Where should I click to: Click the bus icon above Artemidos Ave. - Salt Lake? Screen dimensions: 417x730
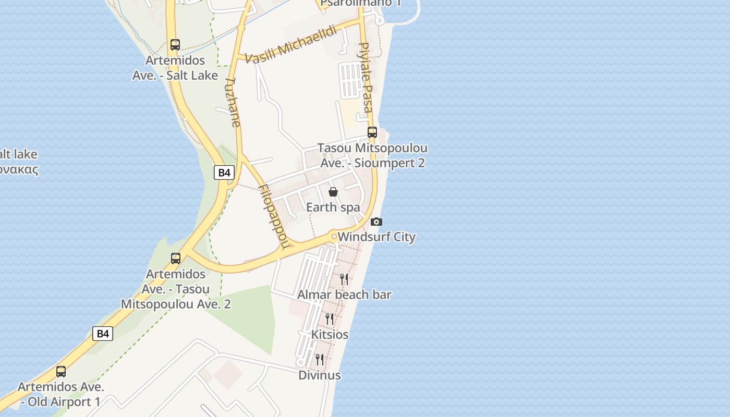click(175, 45)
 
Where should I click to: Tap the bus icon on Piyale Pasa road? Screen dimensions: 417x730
click(372, 132)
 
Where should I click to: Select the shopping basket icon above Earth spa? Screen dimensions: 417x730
click(333, 192)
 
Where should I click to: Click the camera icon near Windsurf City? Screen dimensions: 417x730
click(376, 222)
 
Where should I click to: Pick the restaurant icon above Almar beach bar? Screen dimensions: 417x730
click(344, 279)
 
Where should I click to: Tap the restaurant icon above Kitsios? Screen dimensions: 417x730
click(330, 318)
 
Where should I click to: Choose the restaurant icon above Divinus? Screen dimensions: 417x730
click(320, 359)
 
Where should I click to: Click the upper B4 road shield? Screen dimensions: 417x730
click(224, 173)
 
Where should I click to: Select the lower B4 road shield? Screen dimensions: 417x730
click(103, 334)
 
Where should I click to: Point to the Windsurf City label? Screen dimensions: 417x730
click(376, 237)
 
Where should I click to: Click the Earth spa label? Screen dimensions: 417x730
click(333, 207)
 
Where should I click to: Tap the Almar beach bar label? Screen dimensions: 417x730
click(344, 295)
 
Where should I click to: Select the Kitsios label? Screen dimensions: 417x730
click(330, 334)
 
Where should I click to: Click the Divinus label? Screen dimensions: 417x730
click(320, 375)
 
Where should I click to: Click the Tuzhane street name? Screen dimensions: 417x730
click(233, 102)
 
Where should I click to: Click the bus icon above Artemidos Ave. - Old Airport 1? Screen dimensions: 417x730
click(61, 372)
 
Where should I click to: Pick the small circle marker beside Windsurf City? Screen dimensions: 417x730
click(334, 237)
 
